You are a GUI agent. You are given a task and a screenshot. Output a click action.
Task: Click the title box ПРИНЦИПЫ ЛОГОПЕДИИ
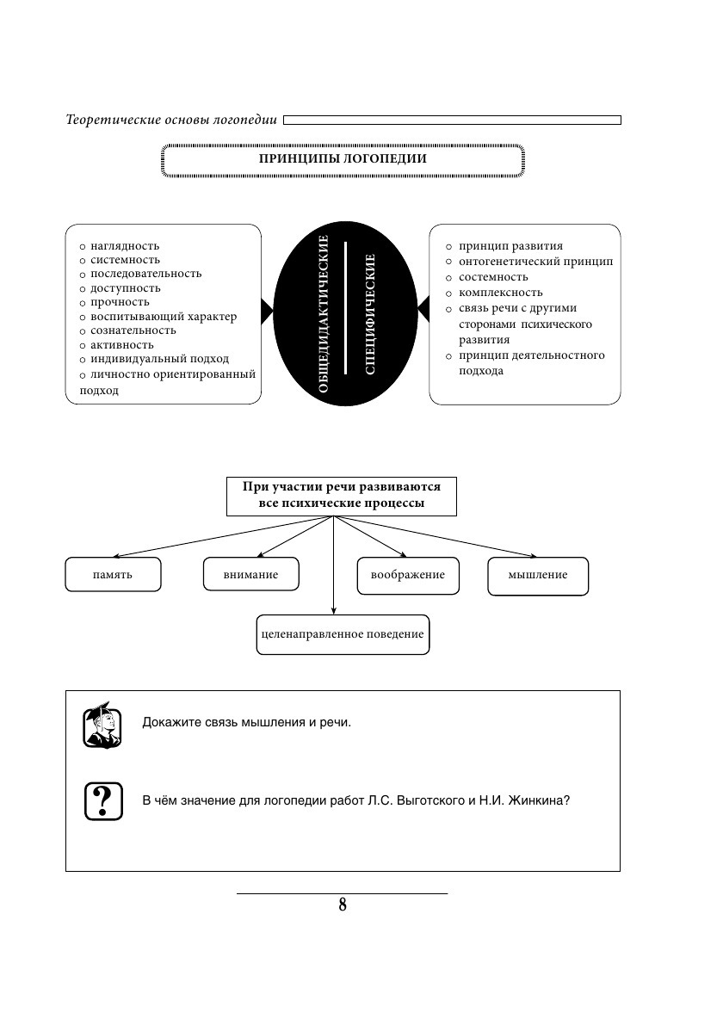pyautogui.click(x=343, y=160)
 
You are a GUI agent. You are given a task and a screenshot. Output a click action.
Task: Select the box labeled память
pyautogui.click(x=113, y=575)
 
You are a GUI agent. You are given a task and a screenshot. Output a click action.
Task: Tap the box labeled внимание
pyautogui.click(x=250, y=575)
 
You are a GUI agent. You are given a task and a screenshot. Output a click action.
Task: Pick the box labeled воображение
pyautogui.click(x=408, y=575)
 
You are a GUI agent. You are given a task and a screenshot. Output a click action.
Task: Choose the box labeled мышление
pyautogui.click(x=538, y=575)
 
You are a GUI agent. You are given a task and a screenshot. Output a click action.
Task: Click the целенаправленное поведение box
pyautogui.click(x=343, y=634)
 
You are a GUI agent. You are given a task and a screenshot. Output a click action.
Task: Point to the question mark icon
pyautogui.click(x=102, y=800)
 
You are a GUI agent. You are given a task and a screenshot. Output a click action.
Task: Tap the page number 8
pyautogui.click(x=343, y=905)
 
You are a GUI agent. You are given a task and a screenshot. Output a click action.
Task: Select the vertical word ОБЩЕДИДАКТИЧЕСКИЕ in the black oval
pyautogui.click(x=324, y=314)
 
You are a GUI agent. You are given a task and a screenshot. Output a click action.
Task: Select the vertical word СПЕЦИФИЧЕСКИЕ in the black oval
pyautogui.click(x=370, y=314)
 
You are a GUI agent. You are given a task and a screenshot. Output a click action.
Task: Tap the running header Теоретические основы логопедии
pyautogui.click(x=171, y=120)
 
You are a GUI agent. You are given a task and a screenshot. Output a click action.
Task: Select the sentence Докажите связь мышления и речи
pyautogui.click(x=247, y=722)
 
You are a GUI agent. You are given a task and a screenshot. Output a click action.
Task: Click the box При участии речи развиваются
pyautogui.click(x=341, y=495)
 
